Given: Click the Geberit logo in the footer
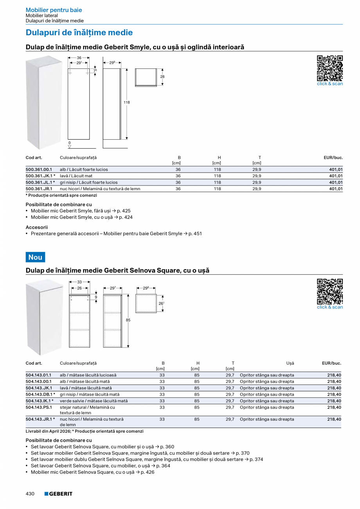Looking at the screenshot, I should point(58,494).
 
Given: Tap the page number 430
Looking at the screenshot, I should point(30,494).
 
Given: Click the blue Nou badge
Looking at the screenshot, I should point(35,257).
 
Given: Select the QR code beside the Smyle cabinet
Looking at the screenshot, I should point(329,68).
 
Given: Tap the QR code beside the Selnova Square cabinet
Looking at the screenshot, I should point(329,291).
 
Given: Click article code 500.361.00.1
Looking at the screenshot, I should point(39,169).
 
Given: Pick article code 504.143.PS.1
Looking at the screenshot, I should point(39,407).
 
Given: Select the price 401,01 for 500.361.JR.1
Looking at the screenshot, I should point(336,189).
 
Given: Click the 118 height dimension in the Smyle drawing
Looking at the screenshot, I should point(127,103).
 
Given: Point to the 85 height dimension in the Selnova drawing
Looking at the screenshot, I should point(128,320).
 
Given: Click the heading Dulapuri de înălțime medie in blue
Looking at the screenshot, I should point(79,32).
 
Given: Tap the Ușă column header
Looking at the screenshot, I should point(290,363).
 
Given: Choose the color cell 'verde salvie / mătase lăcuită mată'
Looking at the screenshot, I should point(94,401).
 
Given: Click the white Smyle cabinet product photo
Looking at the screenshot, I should point(43,103).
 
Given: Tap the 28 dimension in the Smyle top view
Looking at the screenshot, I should point(162,77).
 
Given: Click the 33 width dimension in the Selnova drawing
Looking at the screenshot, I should point(79,282).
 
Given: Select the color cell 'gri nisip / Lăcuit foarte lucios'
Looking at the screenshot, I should point(88,182).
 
